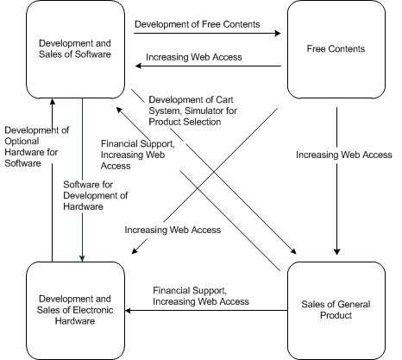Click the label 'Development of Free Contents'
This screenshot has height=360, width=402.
click(198, 24)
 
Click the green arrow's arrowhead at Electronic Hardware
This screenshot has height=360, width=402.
click(82, 258)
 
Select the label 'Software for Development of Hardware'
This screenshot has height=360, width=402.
click(96, 195)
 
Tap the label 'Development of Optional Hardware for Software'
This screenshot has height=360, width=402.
click(37, 147)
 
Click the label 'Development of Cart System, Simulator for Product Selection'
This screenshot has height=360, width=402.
click(192, 111)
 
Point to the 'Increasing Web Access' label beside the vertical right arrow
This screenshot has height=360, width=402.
click(344, 155)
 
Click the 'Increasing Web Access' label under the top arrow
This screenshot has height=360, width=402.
click(194, 57)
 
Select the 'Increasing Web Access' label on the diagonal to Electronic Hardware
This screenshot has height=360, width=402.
click(173, 230)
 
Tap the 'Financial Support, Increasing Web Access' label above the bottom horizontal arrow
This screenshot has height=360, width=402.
click(201, 296)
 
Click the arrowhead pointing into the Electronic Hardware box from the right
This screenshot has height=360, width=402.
click(129, 311)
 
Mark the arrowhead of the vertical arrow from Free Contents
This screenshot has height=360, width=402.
click(336, 251)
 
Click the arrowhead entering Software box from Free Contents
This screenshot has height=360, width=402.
click(138, 66)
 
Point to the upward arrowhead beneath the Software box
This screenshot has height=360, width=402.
click(53, 102)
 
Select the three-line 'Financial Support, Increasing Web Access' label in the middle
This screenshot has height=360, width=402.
click(138, 155)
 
